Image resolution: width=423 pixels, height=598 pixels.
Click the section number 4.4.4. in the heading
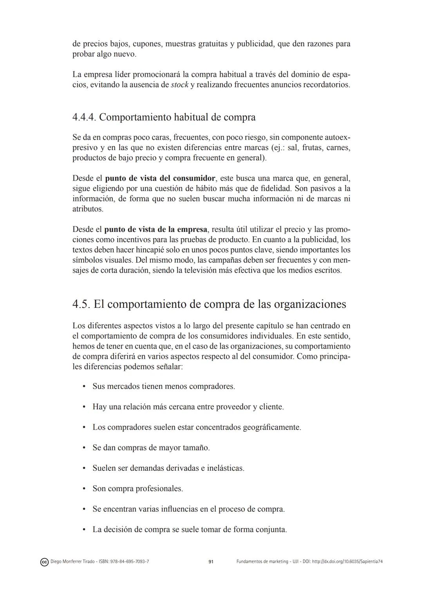tap(84, 117)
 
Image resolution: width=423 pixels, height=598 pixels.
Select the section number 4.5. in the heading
tap(81, 304)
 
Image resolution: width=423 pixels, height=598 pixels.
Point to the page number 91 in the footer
tap(211, 562)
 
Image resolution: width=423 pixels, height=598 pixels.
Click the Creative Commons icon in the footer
tap(44, 562)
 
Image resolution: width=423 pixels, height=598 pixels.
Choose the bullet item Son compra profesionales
tap(137, 489)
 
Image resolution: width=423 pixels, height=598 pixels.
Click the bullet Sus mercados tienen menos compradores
tap(163, 387)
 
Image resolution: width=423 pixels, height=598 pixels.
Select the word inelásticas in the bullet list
tap(225, 468)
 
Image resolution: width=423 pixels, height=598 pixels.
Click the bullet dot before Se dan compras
tap(84, 448)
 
